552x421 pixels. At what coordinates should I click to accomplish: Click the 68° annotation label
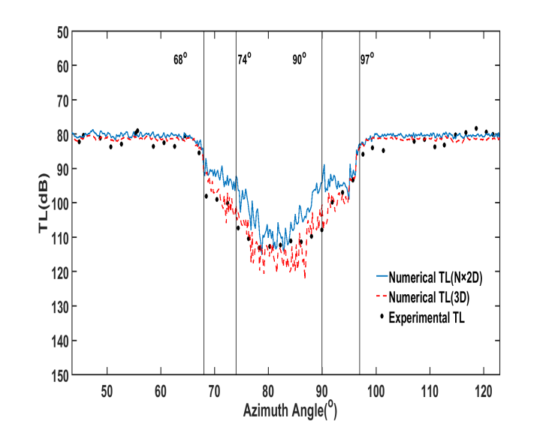click(180, 59)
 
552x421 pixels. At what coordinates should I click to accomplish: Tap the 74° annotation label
click(245, 59)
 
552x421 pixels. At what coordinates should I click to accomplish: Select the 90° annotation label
click(299, 59)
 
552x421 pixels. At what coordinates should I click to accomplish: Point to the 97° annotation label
click(366, 59)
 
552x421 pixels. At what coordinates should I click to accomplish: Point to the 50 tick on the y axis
click(62, 32)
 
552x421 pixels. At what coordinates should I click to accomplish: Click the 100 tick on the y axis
click(59, 203)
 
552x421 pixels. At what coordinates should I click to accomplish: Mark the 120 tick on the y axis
click(59, 272)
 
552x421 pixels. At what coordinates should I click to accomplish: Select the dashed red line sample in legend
click(382, 298)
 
